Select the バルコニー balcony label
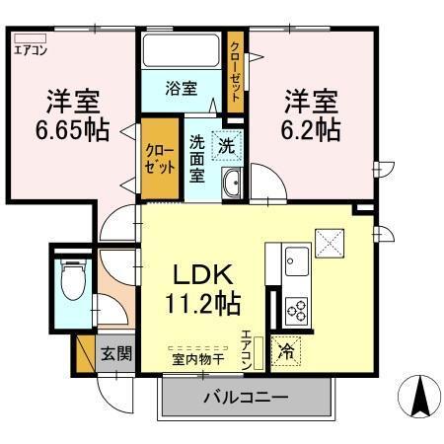click(245, 399)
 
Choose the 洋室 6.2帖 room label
click(312, 115)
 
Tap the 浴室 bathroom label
click(182, 88)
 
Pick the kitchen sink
click(296, 263)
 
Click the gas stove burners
click(296, 310)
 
